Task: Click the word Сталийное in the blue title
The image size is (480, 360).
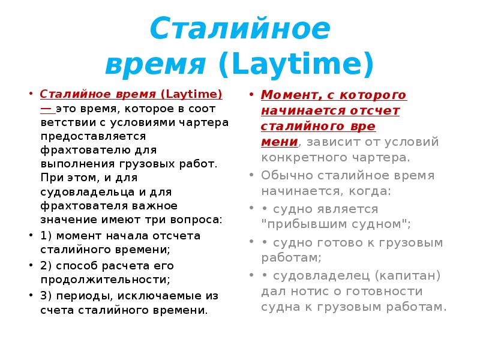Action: click(x=239, y=29)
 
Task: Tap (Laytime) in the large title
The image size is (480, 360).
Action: click(x=296, y=63)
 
